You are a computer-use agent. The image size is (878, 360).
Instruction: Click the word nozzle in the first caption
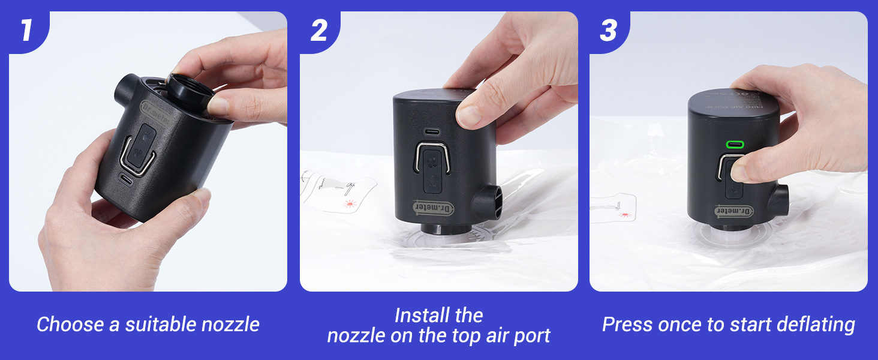230,325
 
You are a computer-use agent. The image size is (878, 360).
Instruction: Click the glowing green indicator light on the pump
734,145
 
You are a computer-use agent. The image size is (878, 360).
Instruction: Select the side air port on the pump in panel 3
778,200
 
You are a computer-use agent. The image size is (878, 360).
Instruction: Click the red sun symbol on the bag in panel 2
350,204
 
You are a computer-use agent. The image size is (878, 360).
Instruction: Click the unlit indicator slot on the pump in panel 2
431,131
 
